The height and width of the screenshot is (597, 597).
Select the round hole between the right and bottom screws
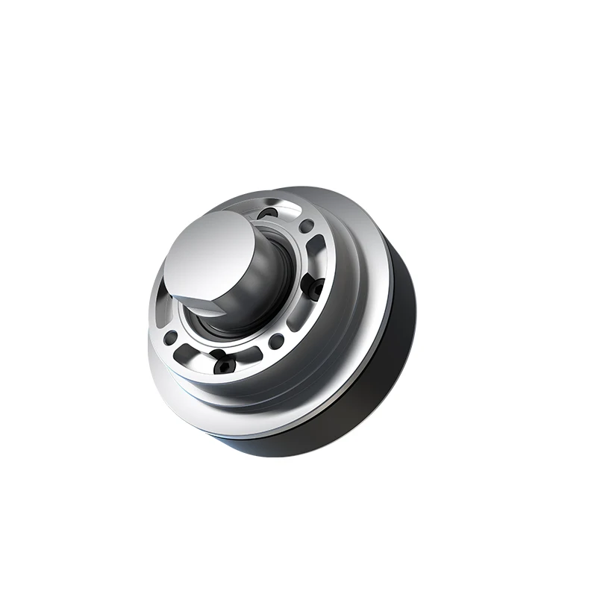click(278, 341)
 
